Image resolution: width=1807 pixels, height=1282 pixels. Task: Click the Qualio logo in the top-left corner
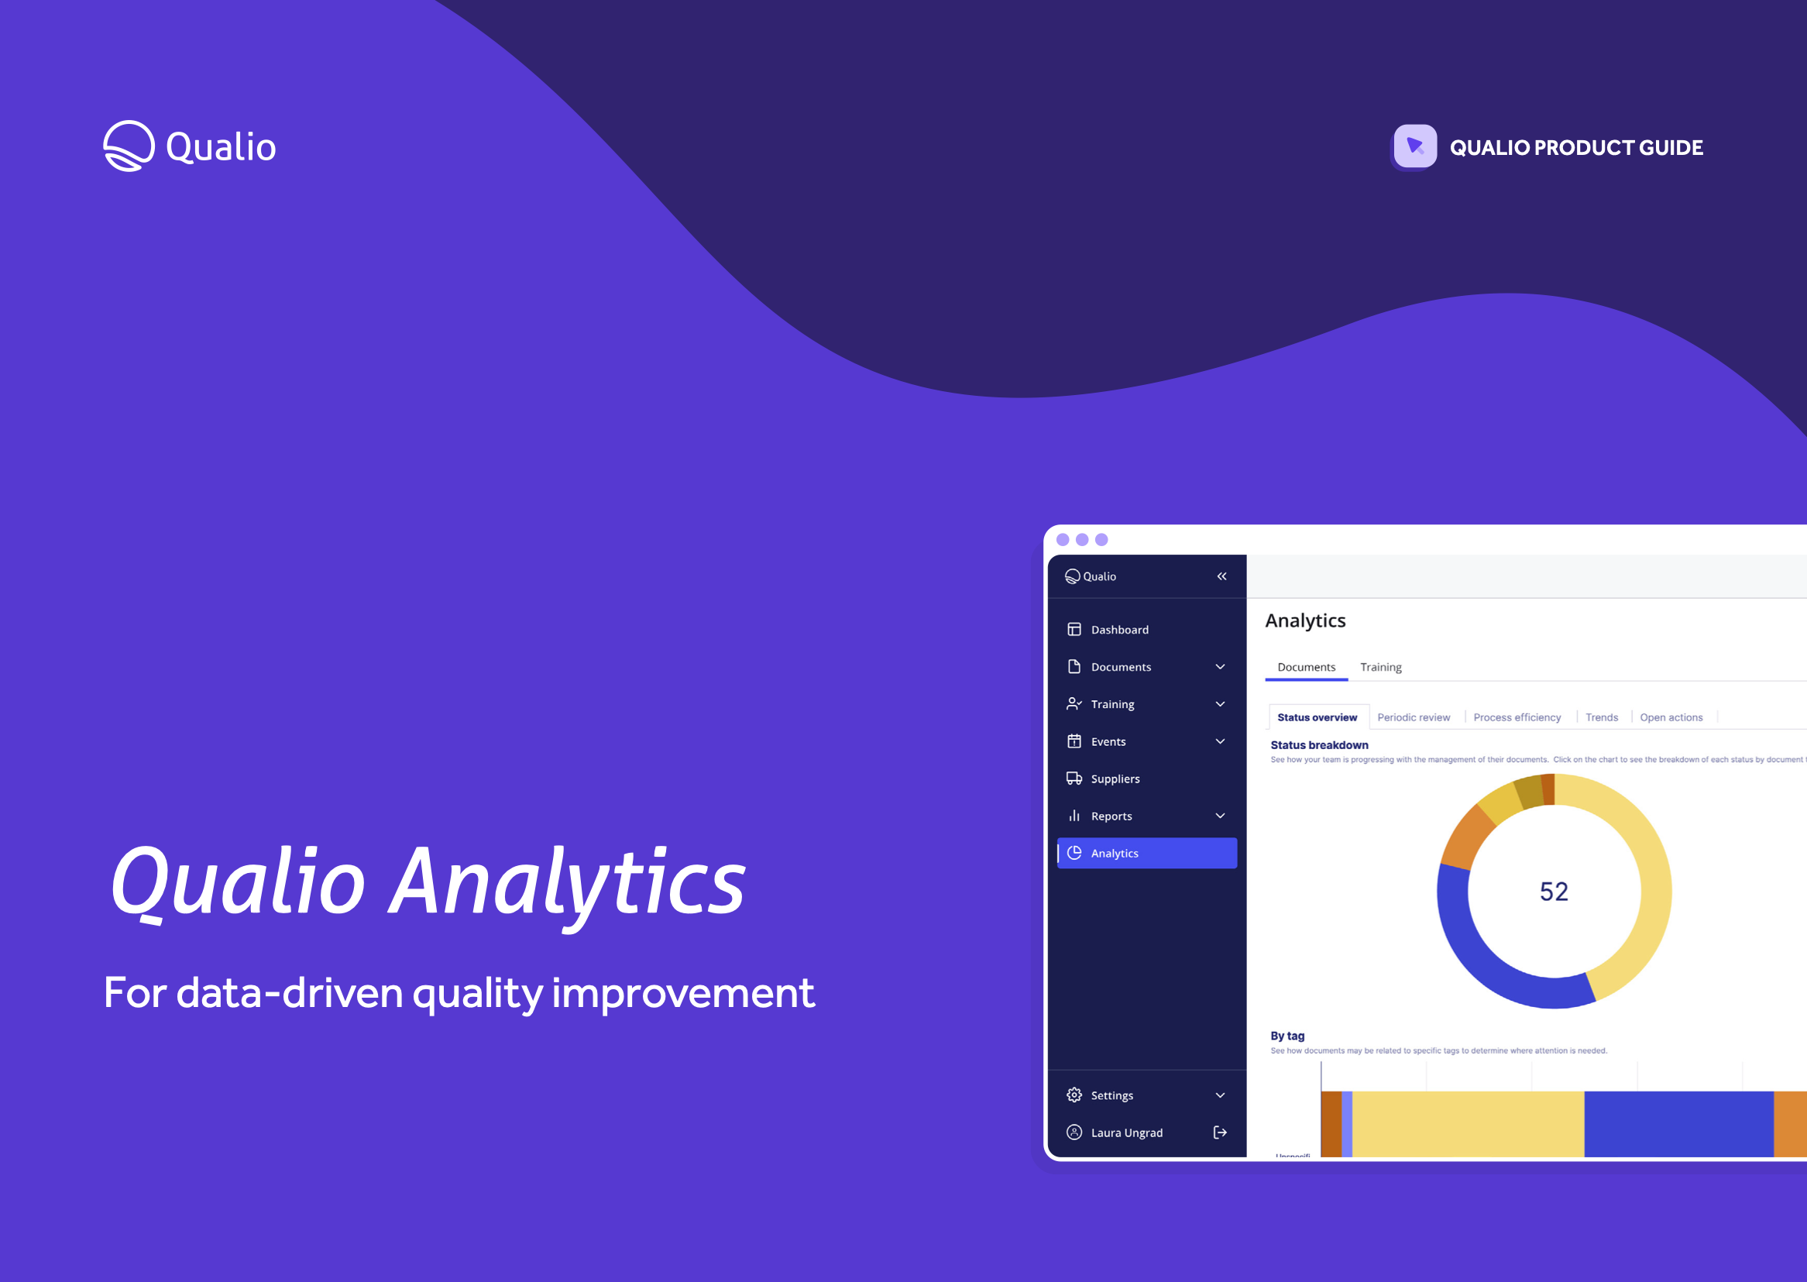point(190,146)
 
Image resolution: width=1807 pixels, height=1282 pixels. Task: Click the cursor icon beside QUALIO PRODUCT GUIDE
point(1415,146)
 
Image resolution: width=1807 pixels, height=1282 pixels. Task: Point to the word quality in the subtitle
point(477,993)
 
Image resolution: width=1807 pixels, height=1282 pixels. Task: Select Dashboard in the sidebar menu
point(1119,630)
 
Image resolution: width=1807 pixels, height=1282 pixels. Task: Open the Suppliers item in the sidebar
point(1115,779)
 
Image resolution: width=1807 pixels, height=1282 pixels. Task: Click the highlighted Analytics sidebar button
point(1146,854)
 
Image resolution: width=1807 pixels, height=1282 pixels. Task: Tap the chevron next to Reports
point(1220,816)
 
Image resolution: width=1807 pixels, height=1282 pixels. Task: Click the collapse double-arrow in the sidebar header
point(1221,576)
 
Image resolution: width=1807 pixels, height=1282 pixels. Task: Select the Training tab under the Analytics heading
point(1380,667)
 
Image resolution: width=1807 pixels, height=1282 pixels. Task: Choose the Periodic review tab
point(1414,717)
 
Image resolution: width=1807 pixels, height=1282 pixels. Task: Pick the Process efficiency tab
point(1517,717)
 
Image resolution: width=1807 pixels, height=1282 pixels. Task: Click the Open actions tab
point(1671,717)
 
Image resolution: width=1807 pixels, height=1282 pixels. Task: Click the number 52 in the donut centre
point(1554,892)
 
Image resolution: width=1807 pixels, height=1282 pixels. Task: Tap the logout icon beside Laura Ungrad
point(1220,1132)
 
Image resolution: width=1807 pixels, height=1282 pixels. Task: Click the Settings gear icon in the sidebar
point(1074,1095)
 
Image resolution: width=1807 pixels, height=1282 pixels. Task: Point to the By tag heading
point(1287,1036)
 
